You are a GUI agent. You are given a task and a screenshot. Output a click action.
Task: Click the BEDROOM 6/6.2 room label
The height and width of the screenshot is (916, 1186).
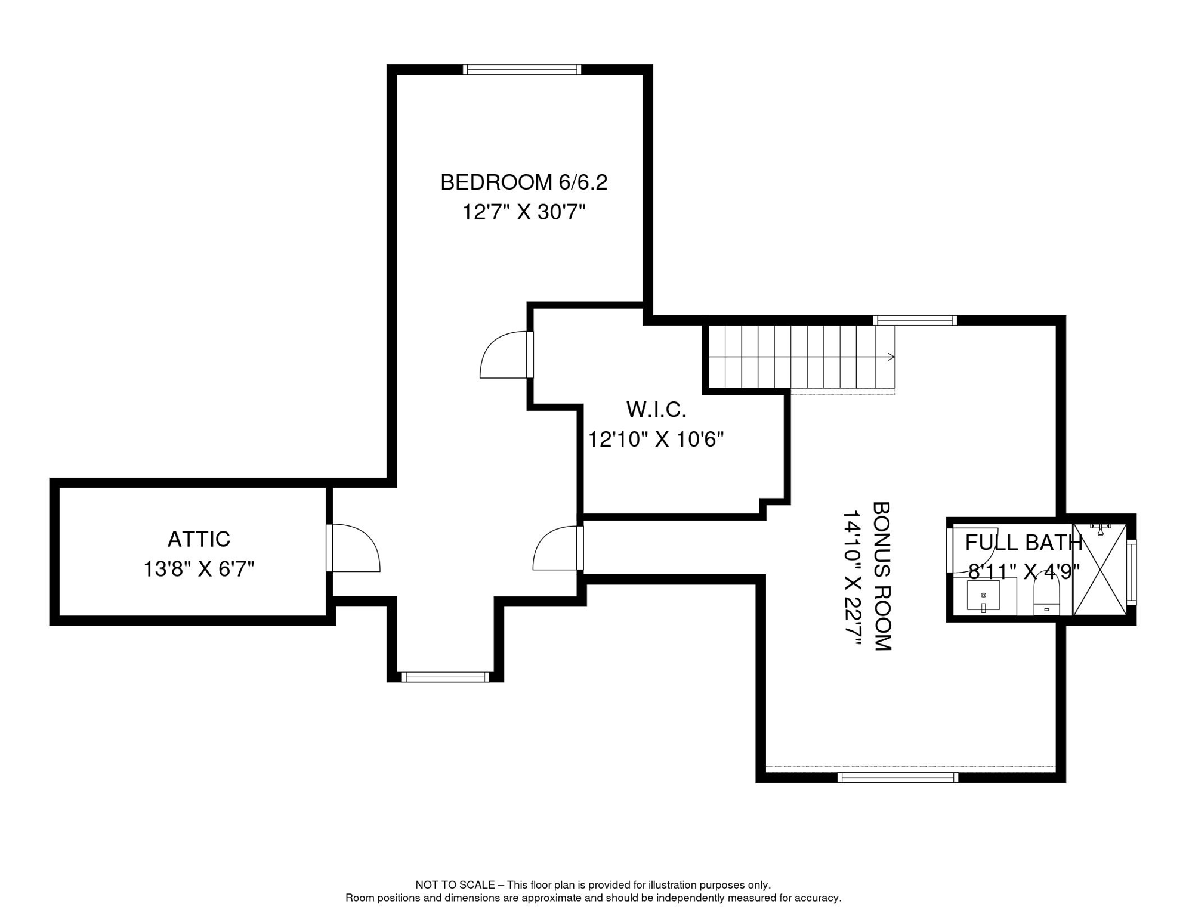tap(523, 182)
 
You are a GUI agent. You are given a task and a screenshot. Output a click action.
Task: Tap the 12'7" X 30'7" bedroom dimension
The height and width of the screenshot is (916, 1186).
tap(524, 212)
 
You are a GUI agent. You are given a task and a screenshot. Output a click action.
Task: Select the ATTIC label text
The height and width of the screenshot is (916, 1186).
tap(199, 539)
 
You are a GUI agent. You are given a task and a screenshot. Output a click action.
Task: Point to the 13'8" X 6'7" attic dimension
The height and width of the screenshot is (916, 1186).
tap(199, 569)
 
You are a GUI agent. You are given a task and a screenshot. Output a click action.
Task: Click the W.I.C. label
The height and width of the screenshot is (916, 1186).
tap(656, 410)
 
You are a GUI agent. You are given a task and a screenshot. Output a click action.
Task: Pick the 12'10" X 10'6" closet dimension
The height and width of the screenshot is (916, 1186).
tap(656, 440)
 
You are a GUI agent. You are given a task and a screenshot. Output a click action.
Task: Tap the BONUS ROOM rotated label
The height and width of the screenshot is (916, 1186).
tap(882, 576)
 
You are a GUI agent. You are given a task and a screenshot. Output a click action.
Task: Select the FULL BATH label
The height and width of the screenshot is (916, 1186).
tap(1023, 543)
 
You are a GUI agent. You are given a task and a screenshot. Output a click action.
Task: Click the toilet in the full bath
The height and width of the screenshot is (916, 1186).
tap(1046, 593)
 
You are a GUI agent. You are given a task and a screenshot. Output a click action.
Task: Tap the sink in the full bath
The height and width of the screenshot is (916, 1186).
tap(983, 596)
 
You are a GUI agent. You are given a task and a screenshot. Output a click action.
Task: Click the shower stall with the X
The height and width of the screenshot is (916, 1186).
tap(1099, 570)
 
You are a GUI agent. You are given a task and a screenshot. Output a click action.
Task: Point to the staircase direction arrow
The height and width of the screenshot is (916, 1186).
tap(891, 357)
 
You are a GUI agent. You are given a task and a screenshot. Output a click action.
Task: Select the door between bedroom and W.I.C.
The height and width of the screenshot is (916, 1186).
tap(506, 355)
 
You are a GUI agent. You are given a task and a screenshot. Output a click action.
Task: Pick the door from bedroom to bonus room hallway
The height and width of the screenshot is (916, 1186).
tap(558, 547)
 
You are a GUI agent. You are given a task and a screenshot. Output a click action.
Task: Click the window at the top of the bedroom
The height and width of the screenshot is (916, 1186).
tap(522, 70)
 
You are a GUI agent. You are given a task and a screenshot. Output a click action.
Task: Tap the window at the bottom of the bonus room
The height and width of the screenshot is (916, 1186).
tap(898, 778)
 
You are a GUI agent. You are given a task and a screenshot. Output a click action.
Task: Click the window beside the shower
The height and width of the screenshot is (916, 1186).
tap(1131, 572)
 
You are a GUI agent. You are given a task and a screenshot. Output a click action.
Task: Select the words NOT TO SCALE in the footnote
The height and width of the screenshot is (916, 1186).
tap(455, 885)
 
